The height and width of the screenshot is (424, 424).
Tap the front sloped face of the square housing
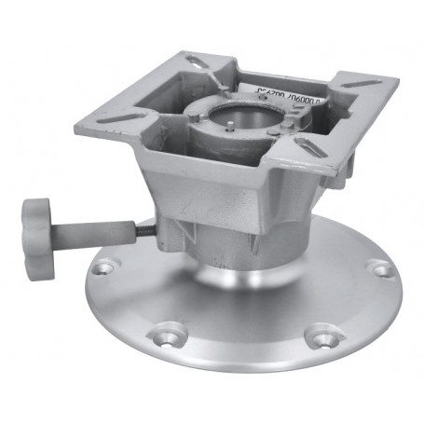(224, 200)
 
